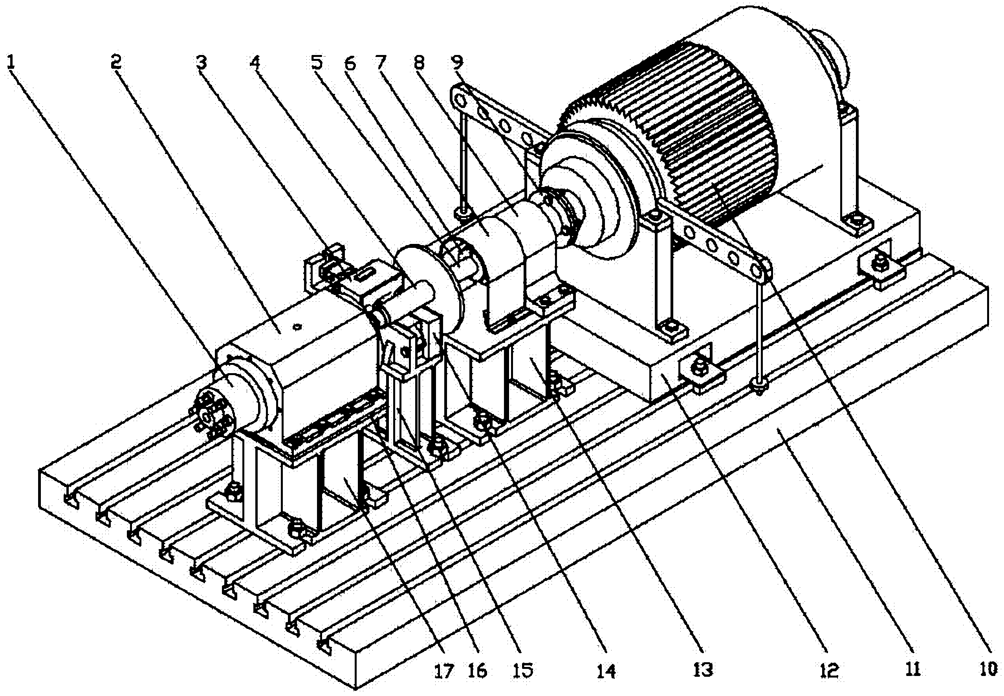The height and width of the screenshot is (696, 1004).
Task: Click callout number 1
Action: point(11,62)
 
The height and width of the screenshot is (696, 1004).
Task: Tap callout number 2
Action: point(116,62)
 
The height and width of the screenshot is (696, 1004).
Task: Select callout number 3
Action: point(201,62)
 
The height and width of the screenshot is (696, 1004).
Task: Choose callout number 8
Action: point(419,62)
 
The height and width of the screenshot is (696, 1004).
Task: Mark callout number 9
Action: point(457,62)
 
